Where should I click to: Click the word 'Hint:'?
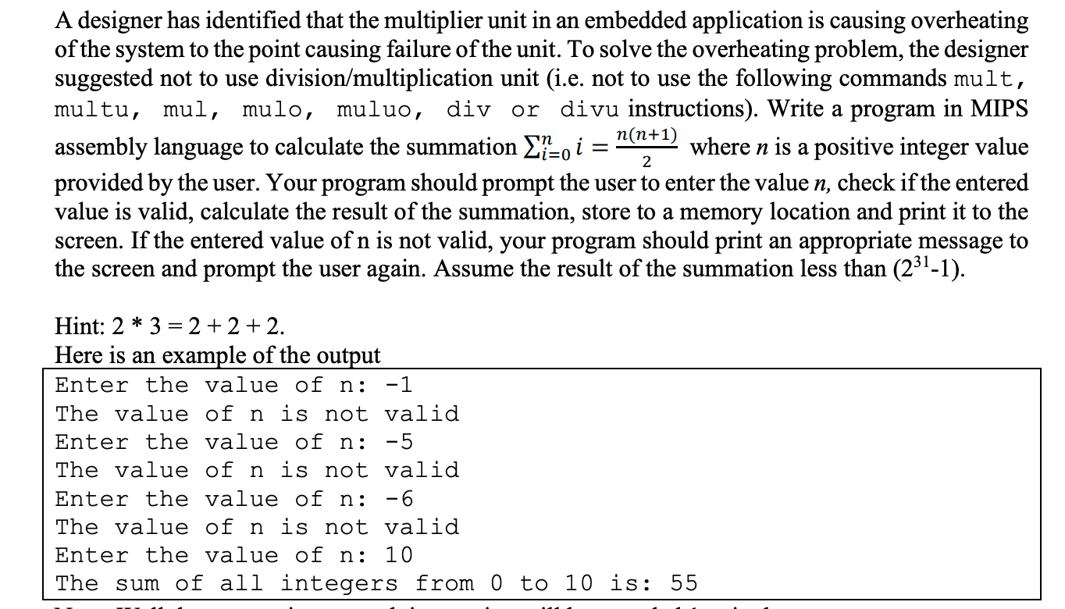tap(78, 325)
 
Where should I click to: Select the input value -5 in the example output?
tap(399, 442)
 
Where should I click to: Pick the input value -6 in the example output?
tap(399, 499)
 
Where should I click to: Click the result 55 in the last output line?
tap(683, 583)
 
